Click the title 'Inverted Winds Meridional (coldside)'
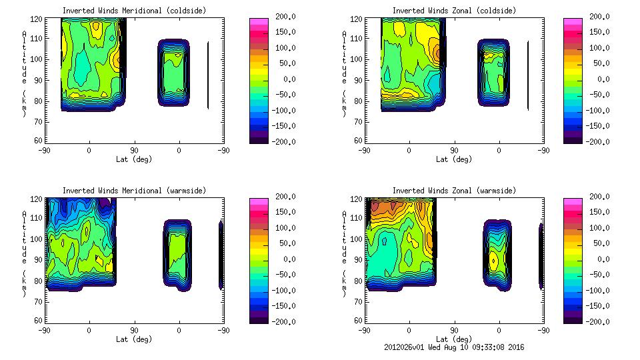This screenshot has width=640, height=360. click(x=134, y=11)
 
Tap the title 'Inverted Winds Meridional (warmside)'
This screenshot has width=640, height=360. click(x=134, y=191)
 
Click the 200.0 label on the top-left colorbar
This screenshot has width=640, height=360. click(x=284, y=17)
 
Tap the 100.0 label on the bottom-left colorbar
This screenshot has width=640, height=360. click(x=284, y=228)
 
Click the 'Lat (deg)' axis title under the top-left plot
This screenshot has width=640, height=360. click(x=134, y=159)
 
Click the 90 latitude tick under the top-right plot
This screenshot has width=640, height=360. click(x=454, y=151)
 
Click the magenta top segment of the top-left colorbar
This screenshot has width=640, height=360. click(x=259, y=23)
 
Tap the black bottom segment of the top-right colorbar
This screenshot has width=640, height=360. click(x=573, y=139)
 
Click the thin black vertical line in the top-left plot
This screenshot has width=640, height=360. click(x=208, y=75)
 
